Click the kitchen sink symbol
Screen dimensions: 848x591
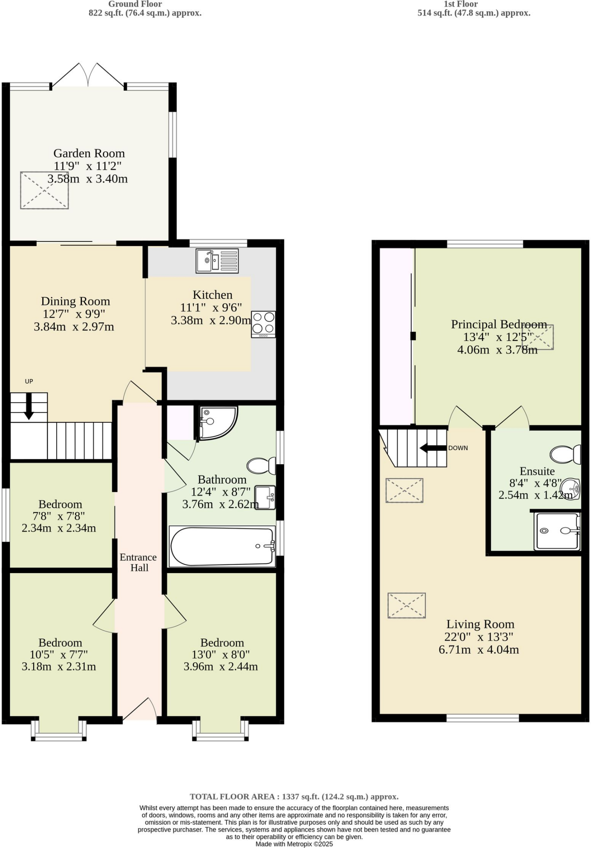pos(217,261)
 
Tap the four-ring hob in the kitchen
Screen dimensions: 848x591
pos(263,323)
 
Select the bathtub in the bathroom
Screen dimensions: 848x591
pos(222,546)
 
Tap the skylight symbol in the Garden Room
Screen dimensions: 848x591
pos(44,190)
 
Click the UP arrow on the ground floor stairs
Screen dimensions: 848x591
pos(29,406)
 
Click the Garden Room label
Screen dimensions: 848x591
pos(89,153)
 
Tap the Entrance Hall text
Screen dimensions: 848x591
pos(138,562)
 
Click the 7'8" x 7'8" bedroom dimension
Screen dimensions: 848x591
pos(59,516)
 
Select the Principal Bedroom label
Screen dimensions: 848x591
pos(499,324)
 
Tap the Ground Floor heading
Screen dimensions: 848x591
pos(135,4)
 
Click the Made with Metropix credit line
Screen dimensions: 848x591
pos(294,844)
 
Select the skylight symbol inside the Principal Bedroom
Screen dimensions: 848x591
pos(538,337)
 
